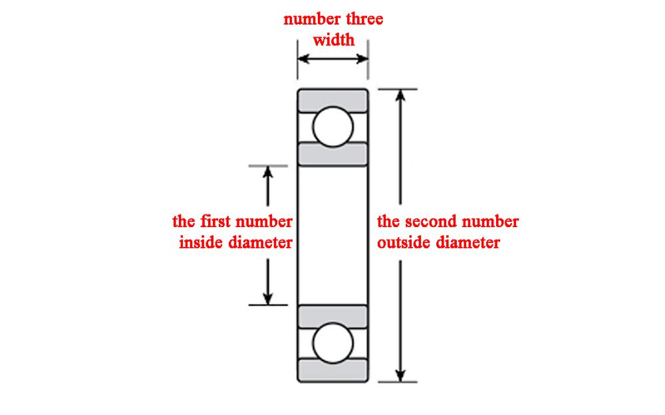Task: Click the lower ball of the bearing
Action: tap(332, 343)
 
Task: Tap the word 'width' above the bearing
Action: tap(333, 40)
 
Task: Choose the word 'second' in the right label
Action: tap(438, 221)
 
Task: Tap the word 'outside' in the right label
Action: tap(404, 242)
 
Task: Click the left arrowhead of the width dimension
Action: tap(303, 58)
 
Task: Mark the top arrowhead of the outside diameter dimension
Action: tap(400, 95)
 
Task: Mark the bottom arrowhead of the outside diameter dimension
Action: tap(400, 375)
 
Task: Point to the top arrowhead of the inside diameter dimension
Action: tap(267, 172)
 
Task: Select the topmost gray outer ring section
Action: tap(332, 100)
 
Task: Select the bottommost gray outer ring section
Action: tap(332, 370)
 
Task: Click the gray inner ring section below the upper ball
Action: tap(332, 154)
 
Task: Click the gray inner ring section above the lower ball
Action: tap(332, 316)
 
